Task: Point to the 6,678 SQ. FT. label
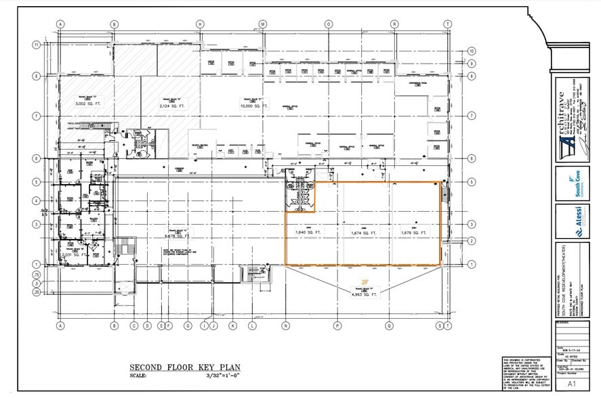click(x=175, y=237)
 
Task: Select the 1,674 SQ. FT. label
click(x=364, y=233)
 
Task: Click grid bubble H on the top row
click(x=200, y=24)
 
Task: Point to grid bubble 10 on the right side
click(x=472, y=51)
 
